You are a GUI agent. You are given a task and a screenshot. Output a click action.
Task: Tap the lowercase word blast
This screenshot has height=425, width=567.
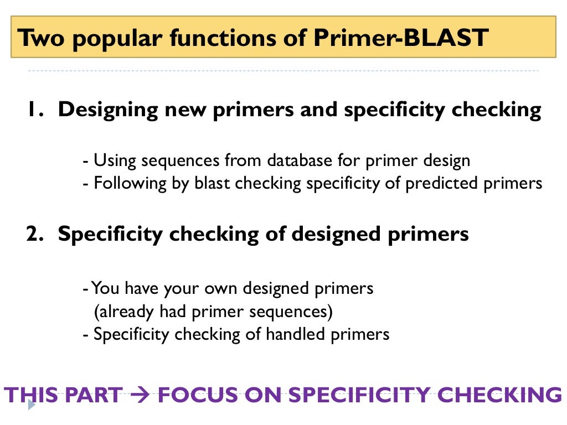click(x=212, y=183)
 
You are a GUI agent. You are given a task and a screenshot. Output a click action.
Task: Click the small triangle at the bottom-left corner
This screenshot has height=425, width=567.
click(x=32, y=406)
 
